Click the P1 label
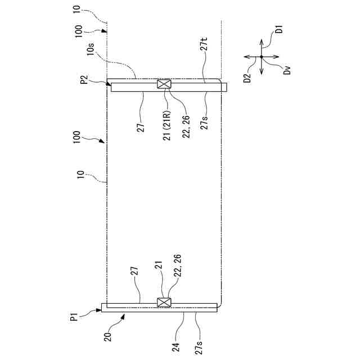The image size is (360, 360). [75, 318]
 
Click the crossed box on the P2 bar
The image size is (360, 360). [164, 85]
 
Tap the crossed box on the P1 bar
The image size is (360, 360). [164, 303]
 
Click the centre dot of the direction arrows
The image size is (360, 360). [262, 57]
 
